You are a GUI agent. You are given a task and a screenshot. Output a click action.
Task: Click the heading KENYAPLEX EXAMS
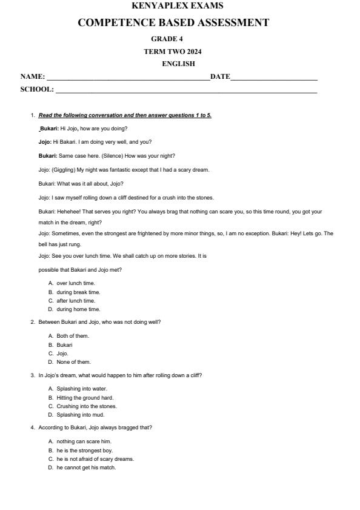point(177,6)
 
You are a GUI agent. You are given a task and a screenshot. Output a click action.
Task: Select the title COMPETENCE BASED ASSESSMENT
point(173,22)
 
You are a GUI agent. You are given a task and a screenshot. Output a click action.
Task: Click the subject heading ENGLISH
point(178,64)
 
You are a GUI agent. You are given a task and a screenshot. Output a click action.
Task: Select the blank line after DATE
point(274,78)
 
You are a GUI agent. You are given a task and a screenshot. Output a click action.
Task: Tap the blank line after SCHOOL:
point(185,91)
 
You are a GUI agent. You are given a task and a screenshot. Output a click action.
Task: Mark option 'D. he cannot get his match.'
point(81,468)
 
